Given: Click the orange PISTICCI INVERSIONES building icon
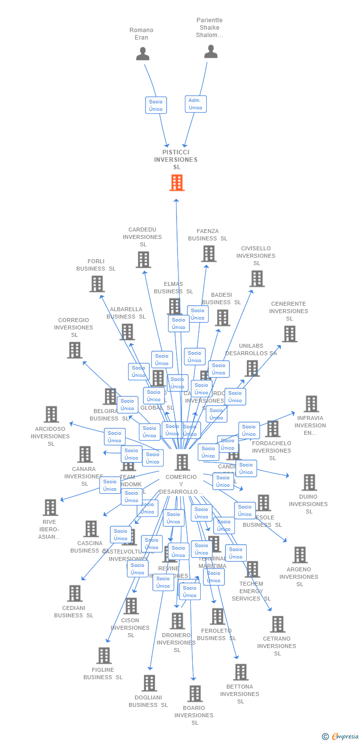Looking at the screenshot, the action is point(177,183).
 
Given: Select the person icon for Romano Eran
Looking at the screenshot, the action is point(142,53).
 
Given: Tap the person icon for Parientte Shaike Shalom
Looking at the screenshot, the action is point(211,51).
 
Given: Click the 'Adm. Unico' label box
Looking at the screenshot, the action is point(195,104).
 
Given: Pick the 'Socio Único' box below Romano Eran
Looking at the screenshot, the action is point(156,105).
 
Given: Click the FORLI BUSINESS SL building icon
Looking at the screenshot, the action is point(97,284).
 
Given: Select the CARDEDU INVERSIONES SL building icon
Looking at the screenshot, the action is point(143,260).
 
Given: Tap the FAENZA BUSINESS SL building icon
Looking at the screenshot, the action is point(209,254).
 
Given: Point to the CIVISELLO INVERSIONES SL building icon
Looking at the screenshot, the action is point(257,278).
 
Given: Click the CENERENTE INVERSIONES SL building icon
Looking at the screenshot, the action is point(289,334).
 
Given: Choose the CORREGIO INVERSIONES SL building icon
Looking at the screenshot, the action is point(75,350).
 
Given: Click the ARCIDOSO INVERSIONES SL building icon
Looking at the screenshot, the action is point(51,415).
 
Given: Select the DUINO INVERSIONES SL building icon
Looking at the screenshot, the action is point(309,482).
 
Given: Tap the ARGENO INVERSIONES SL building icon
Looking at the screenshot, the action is point(300,555).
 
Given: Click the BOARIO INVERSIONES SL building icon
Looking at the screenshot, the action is point(195,694).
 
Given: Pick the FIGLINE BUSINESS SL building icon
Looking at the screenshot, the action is point(104,655).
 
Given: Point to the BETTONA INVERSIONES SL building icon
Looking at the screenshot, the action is point(241,672).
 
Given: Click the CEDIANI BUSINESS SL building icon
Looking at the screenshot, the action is point(75,593).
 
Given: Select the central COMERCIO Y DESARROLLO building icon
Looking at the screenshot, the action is point(182,463).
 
